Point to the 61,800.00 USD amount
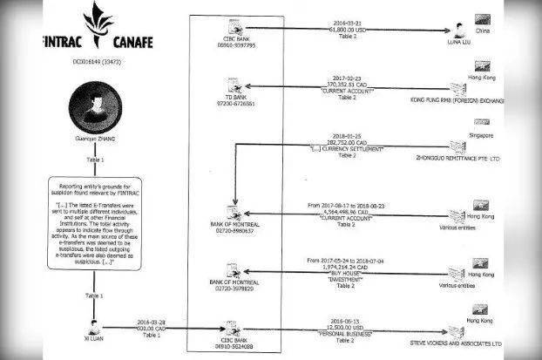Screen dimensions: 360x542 pyautogui.click(x=350, y=29)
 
